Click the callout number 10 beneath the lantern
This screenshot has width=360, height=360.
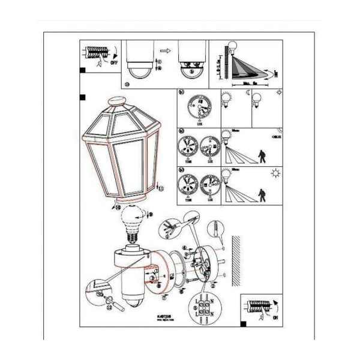118,206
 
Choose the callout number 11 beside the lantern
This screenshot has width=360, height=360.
160,190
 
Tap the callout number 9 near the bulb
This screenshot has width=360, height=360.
150,214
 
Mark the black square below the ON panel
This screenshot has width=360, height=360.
242,323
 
